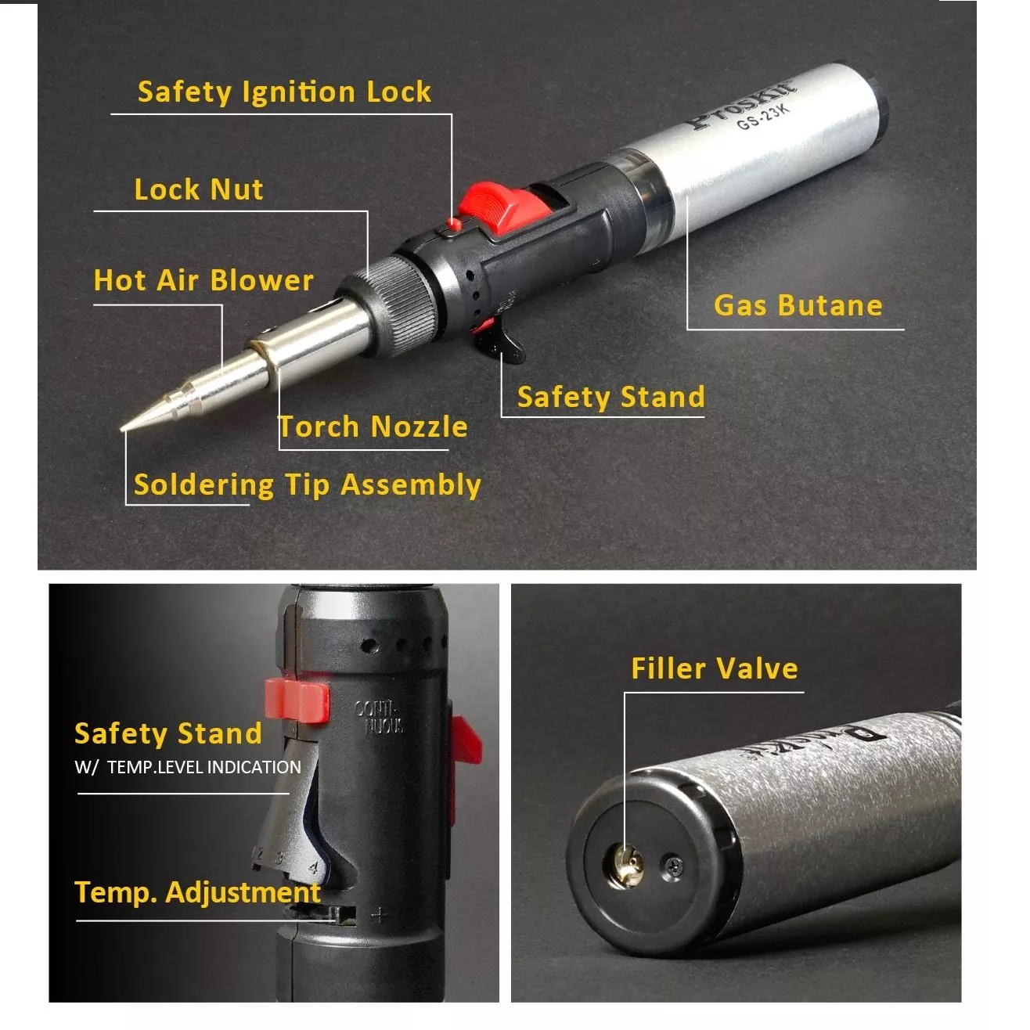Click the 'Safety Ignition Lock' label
[284, 92]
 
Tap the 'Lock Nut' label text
[199, 189]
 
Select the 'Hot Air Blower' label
[203, 280]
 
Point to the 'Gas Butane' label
[798, 305]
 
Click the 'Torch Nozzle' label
[373, 427]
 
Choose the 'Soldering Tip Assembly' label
[308, 485]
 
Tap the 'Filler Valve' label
[715, 668]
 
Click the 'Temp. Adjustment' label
[198, 893]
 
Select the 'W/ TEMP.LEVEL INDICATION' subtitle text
[188, 768]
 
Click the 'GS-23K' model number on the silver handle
[763, 117]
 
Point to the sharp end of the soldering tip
[122, 429]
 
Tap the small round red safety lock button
[455, 224]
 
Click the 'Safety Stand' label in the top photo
[611, 397]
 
